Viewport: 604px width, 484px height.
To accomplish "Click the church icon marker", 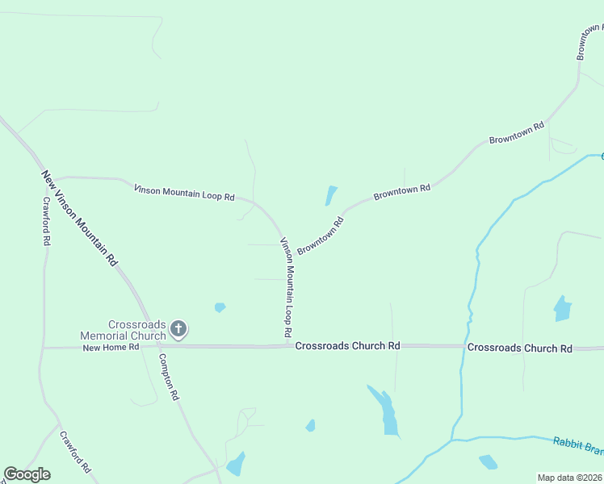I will [178, 329].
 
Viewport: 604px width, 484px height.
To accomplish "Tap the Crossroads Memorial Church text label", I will [124, 329].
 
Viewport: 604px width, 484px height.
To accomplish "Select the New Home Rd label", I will [111, 347].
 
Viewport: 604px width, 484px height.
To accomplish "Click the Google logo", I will [27, 474].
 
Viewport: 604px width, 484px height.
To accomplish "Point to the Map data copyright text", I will [569, 478].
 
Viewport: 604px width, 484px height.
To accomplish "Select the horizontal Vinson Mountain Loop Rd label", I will [184, 193].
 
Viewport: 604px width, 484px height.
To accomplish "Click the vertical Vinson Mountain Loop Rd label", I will [285, 287].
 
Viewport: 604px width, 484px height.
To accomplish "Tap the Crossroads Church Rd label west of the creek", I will [347, 346].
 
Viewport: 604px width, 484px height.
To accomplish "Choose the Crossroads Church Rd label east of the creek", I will [520, 348].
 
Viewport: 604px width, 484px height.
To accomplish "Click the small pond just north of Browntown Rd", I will [330, 195].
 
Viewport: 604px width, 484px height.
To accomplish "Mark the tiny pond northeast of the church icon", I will [220, 307].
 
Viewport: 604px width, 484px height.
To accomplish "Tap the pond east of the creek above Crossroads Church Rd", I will [562, 308].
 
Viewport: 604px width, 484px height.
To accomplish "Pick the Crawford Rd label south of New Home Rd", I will [75, 451].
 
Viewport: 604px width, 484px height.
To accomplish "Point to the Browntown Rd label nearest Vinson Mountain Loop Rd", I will [321, 235].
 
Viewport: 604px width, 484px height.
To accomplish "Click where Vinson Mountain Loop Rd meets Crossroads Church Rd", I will [288, 345].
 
